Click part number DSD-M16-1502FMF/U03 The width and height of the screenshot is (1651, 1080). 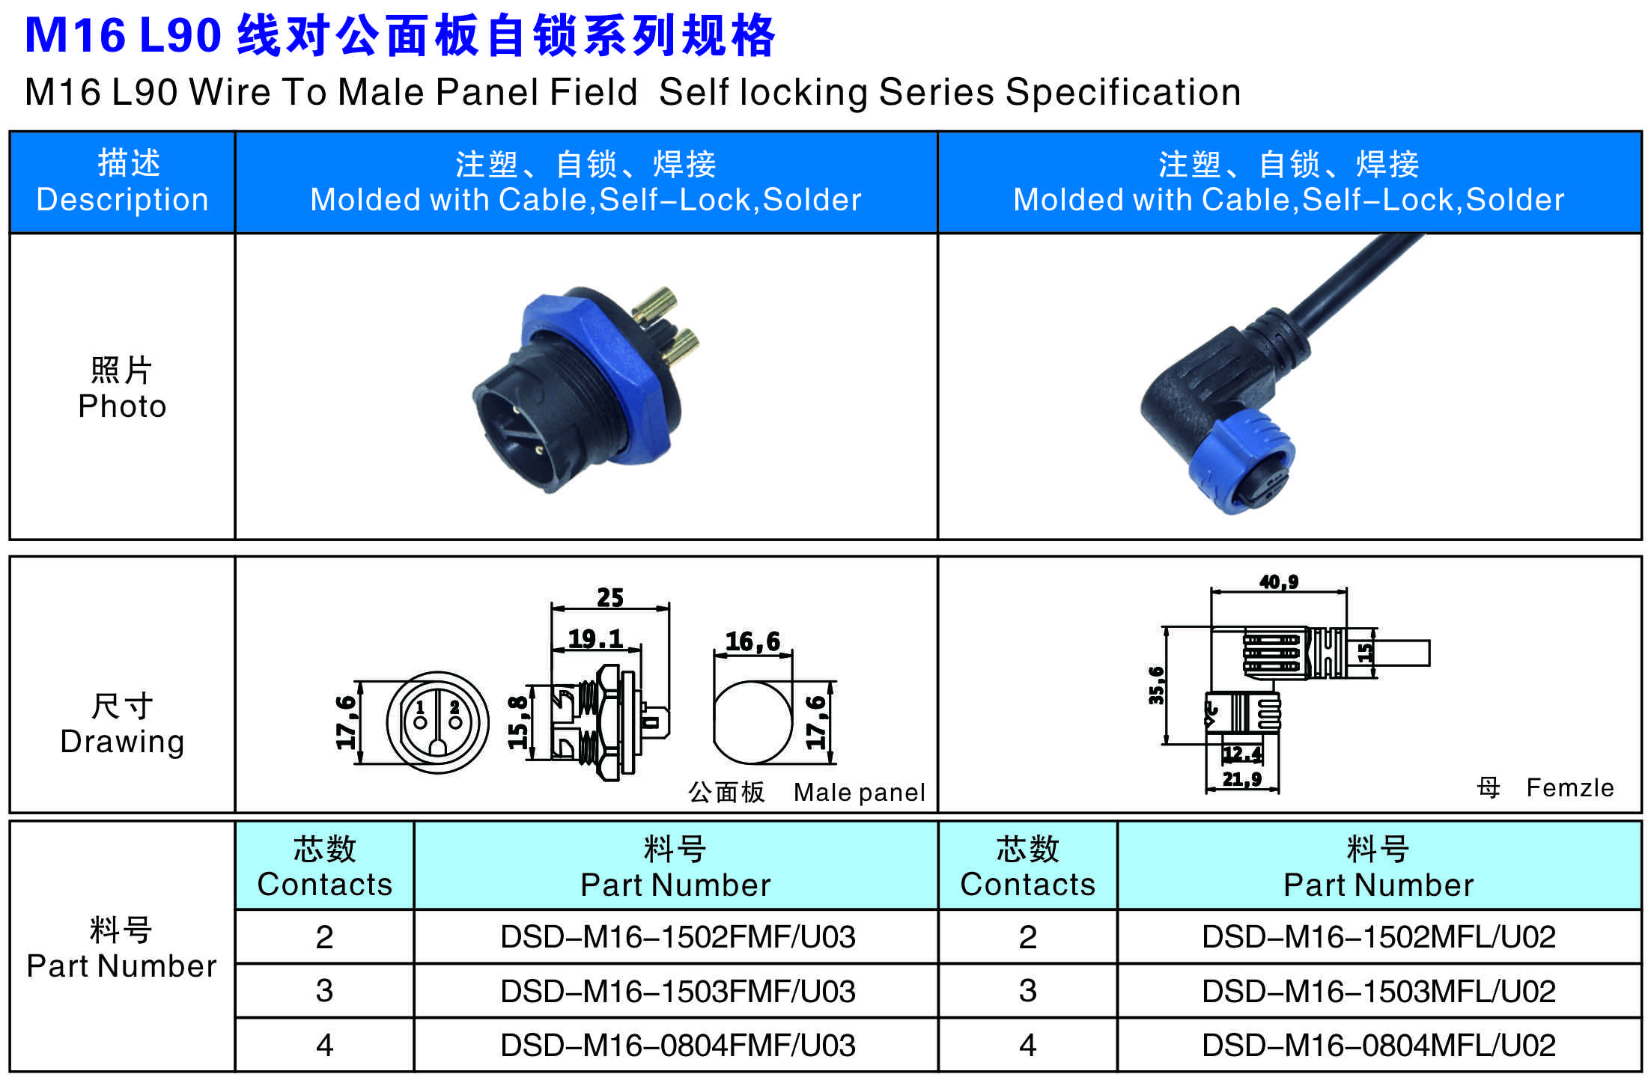point(678,937)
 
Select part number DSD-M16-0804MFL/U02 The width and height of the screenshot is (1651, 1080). point(1378,1046)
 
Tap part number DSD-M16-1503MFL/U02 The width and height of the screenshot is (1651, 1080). point(1378,992)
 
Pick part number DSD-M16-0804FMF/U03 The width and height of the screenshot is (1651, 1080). point(678,1046)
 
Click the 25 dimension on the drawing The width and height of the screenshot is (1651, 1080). point(610,597)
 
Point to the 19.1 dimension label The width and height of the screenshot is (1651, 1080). point(595,638)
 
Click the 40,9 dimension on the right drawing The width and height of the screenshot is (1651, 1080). point(1279,582)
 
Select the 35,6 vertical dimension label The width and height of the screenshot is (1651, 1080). point(1157,685)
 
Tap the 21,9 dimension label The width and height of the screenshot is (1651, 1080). point(1242,779)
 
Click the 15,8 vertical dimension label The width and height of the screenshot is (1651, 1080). point(517,722)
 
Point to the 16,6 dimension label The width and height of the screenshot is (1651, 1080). point(752,641)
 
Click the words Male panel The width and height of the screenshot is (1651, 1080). point(860,792)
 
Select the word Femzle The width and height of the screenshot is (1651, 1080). point(1570,787)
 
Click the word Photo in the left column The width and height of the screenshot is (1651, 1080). point(122,406)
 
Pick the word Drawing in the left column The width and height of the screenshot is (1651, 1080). point(122,741)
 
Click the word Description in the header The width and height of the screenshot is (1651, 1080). point(122,200)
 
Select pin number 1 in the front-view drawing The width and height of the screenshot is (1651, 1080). point(420,707)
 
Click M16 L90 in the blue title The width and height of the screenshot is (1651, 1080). point(124,34)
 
